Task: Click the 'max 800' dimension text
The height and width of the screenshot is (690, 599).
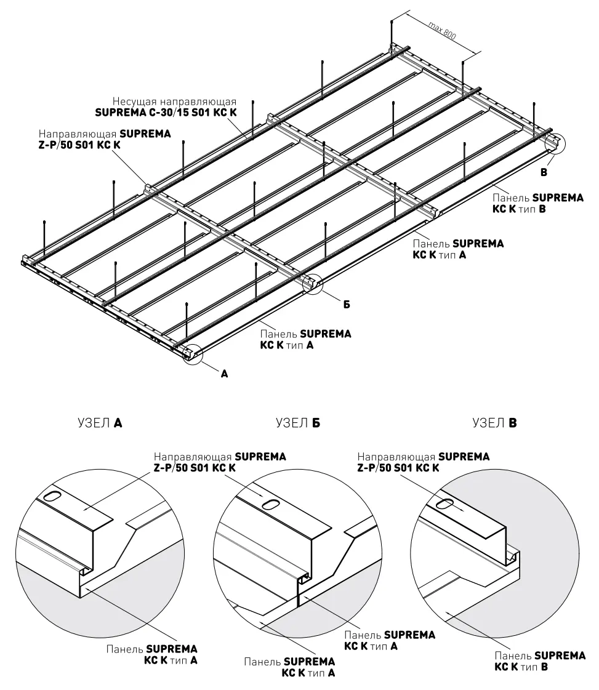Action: pos(442,30)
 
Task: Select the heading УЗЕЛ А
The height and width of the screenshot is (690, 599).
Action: pos(100,423)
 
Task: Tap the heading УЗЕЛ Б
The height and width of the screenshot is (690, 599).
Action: pos(298,423)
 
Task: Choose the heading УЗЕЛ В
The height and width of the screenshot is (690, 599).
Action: pos(495,423)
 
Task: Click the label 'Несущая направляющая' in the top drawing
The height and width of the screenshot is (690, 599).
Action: pos(174,102)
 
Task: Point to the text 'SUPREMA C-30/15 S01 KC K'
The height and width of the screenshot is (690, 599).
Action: pos(166,113)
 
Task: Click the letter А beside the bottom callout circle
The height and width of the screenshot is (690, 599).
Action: pos(225,374)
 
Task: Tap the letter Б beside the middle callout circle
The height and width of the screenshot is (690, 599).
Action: pos(347,305)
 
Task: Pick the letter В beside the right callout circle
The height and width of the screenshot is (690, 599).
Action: pos(544,172)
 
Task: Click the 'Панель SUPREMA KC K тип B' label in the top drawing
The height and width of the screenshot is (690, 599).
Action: pos(538,203)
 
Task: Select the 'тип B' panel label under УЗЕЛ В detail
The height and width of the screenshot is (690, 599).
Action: pos(540,662)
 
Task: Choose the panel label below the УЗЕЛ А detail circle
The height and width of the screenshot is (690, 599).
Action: pos(152,654)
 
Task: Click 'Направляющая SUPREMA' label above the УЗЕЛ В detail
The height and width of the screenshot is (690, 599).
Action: pos(424,457)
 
